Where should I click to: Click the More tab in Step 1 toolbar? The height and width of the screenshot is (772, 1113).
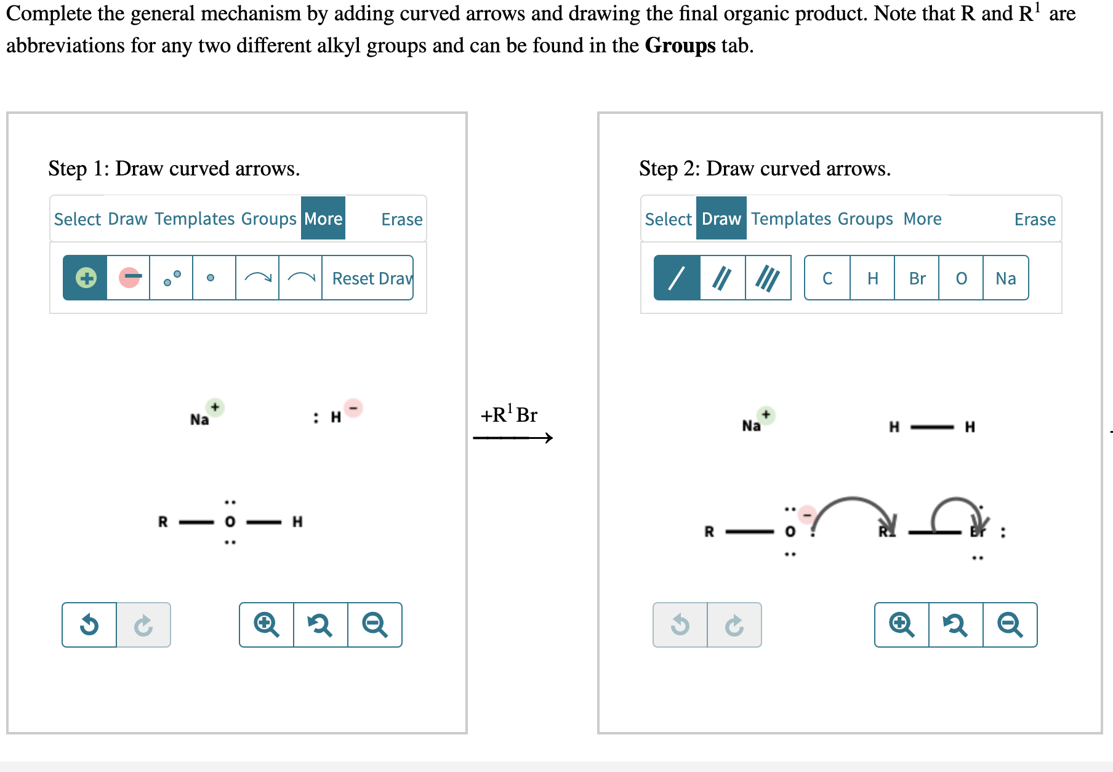pyautogui.click(x=323, y=219)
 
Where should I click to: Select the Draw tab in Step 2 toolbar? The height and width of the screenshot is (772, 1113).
pyautogui.click(x=721, y=219)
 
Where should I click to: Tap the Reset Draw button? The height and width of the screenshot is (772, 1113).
pyautogui.click(x=371, y=278)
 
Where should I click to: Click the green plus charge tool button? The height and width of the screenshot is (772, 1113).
pyautogui.click(x=86, y=278)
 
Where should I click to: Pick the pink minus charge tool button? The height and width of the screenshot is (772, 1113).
pyautogui.click(x=129, y=278)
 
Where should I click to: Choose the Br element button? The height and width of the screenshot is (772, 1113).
pyautogui.click(x=917, y=278)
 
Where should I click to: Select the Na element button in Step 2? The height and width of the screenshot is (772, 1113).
pyautogui.click(x=1005, y=278)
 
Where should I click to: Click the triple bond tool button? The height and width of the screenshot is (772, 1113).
pyautogui.click(x=768, y=278)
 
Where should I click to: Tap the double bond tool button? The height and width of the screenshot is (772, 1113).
pyautogui.click(x=722, y=278)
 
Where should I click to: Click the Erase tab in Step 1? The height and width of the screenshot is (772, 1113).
pyautogui.click(x=401, y=219)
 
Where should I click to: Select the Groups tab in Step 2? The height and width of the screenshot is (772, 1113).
pyautogui.click(x=865, y=219)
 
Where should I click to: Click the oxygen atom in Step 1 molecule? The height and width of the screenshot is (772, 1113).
pyautogui.click(x=230, y=522)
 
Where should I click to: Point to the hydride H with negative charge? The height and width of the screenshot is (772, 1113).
pyautogui.click(x=336, y=417)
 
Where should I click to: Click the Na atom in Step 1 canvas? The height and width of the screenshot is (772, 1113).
pyautogui.click(x=199, y=420)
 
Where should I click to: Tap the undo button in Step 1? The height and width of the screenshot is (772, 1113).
pyautogui.click(x=89, y=625)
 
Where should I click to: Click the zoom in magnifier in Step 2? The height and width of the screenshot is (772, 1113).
pyautogui.click(x=902, y=625)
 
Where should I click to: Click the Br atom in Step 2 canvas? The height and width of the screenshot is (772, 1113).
pyautogui.click(x=978, y=532)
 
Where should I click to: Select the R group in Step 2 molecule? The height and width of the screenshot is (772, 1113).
pyautogui.click(x=709, y=532)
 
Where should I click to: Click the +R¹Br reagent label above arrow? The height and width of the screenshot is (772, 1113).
pyautogui.click(x=509, y=415)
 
